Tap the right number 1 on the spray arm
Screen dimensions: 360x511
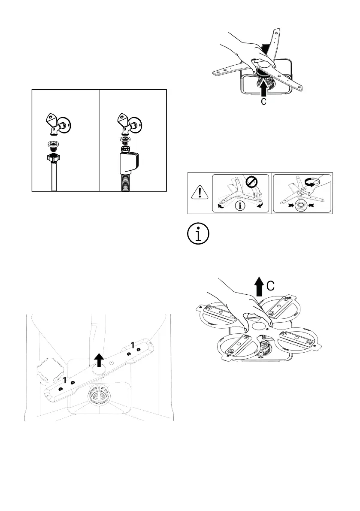[x=133, y=345]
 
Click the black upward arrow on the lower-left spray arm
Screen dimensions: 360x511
[x=99, y=360]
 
